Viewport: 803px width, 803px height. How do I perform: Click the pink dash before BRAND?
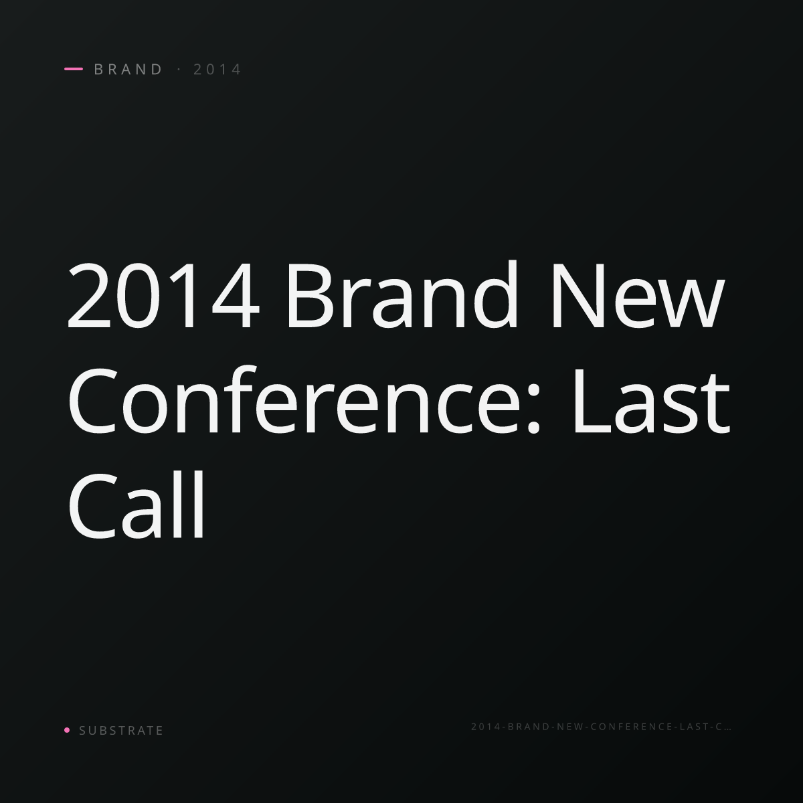74,69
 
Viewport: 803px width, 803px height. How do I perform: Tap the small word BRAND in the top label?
128,69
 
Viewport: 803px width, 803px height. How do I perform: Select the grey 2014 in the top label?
217,69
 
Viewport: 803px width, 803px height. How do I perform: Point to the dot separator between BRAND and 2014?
179,69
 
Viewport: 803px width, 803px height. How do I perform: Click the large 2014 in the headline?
163,295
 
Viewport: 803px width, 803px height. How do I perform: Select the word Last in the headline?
652,401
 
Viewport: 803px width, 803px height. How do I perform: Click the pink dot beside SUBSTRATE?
67,729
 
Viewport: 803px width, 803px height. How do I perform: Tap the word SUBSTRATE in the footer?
121,730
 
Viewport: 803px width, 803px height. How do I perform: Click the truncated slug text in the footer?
601,727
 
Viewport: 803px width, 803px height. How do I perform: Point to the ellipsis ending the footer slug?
727,729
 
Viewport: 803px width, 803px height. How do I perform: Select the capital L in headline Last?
593,401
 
